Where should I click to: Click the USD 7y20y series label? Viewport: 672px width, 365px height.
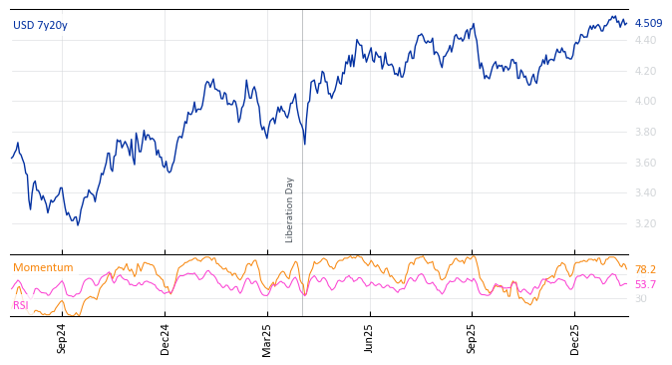pyautogui.click(x=40, y=25)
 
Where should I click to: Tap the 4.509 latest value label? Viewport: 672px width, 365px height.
pyautogui.click(x=648, y=23)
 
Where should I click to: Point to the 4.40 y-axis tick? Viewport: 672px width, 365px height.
pyautogui.click(x=645, y=40)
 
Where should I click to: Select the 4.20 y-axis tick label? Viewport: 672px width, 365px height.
pyautogui.click(x=645, y=71)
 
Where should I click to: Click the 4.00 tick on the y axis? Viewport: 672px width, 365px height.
pyautogui.click(x=645, y=101)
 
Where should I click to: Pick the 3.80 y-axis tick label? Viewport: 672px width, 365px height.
pyautogui.click(x=645, y=132)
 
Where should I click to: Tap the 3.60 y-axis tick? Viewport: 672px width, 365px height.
pyautogui.click(x=645, y=163)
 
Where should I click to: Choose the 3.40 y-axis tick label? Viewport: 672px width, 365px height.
pyautogui.click(x=645, y=192)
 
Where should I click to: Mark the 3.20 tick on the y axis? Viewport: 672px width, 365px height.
pyautogui.click(x=645, y=223)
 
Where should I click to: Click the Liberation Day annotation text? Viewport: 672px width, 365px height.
pyautogui.click(x=290, y=209)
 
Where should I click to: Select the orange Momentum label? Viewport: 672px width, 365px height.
pyautogui.click(x=43, y=267)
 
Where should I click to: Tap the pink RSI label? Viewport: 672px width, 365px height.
pyautogui.click(x=21, y=305)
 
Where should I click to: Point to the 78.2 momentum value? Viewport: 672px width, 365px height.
pyautogui.click(x=645, y=270)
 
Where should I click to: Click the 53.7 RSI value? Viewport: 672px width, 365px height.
pyautogui.click(x=645, y=284)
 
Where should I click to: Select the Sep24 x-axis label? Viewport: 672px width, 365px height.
pyautogui.click(x=62, y=338)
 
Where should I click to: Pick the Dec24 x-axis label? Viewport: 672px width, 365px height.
pyautogui.click(x=166, y=338)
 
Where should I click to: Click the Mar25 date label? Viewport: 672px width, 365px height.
pyautogui.click(x=267, y=338)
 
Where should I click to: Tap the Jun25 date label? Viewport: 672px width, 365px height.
pyautogui.click(x=369, y=338)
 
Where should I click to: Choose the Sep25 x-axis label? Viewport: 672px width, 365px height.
pyautogui.click(x=472, y=338)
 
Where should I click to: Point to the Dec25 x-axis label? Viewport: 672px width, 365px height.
pyautogui.click(x=575, y=338)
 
